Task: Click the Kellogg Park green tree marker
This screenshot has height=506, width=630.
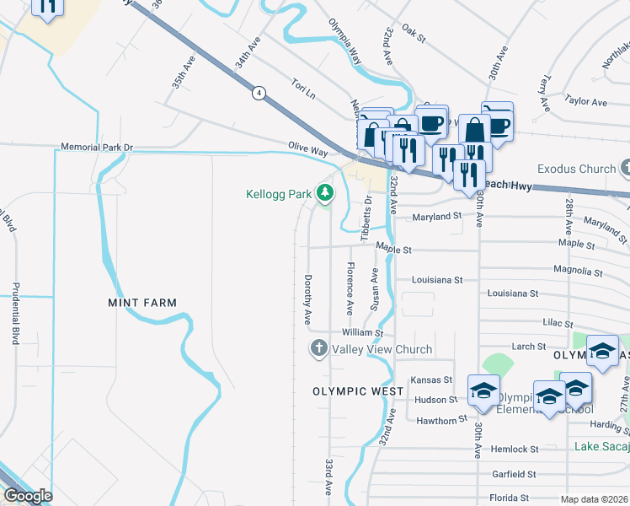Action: [324, 195]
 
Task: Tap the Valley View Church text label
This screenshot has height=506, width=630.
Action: [382, 349]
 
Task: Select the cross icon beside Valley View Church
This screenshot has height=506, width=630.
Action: [319, 348]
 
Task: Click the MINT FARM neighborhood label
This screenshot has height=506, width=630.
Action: [142, 302]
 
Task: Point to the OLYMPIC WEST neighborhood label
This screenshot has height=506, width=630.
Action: [351, 391]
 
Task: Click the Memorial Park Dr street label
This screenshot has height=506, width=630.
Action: [97, 148]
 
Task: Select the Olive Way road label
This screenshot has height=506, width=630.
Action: [307, 151]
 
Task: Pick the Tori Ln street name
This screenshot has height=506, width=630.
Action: [302, 88]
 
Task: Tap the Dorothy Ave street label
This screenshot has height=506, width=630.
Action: [308, 299]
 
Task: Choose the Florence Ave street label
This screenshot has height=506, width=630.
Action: [349, 284]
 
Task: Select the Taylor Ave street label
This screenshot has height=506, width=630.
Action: [586, 102]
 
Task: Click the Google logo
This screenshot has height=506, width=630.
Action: [27, 496]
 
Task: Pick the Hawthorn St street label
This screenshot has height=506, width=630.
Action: [440, 420]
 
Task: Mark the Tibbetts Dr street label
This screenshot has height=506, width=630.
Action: [366, 218]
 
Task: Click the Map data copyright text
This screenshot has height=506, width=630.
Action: [594, 499]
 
